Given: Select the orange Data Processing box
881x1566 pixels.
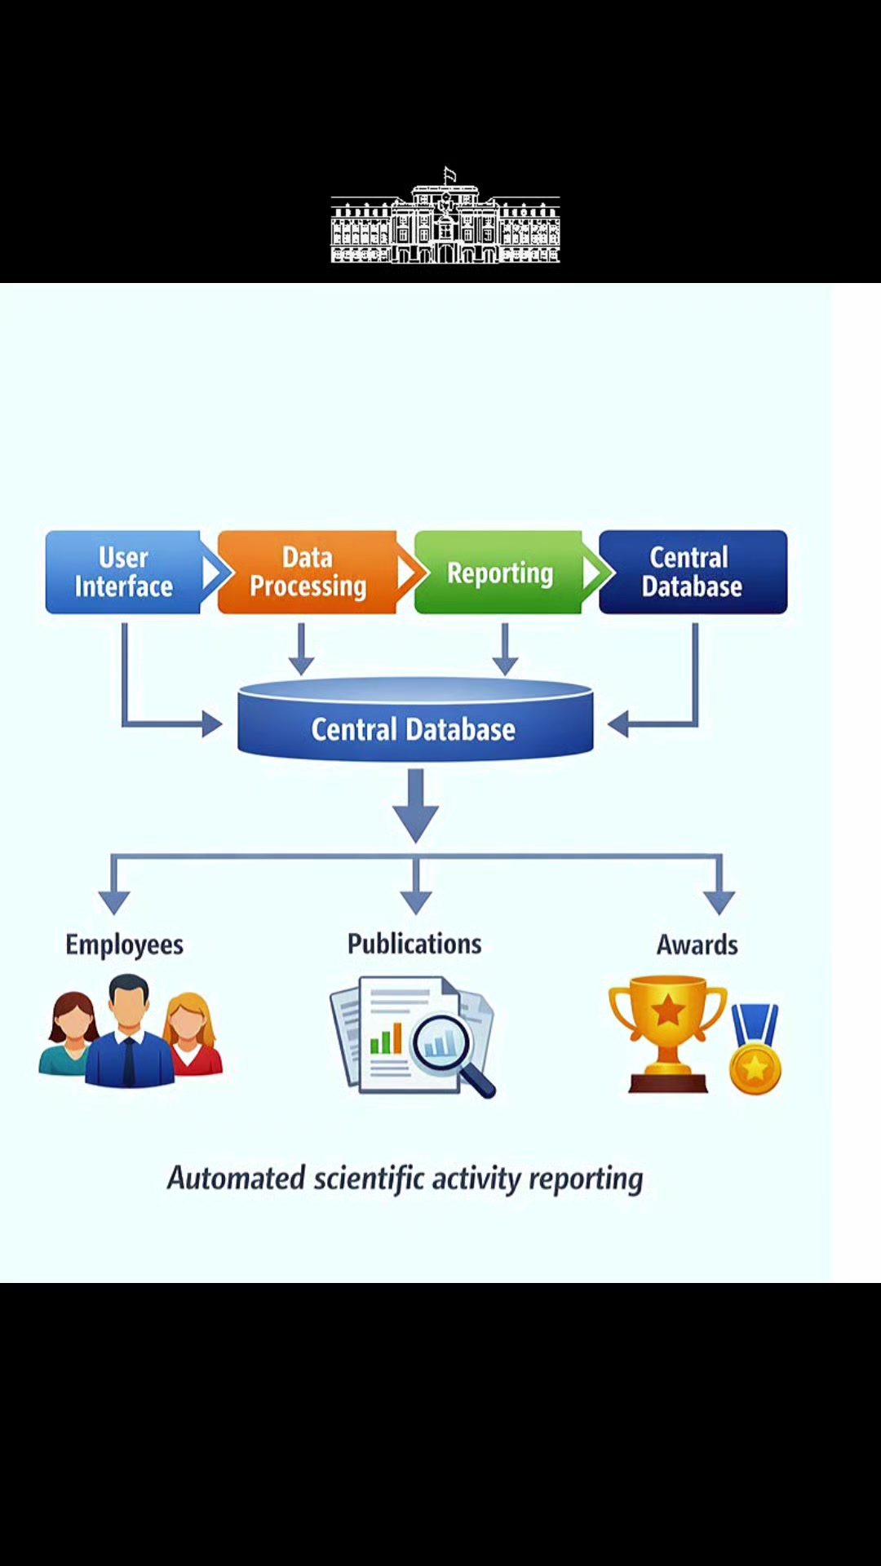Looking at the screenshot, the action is pyautogui.click(x=308, y=572).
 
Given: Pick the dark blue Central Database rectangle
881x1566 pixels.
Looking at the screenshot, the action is pyautogui.click(x=693, y=572).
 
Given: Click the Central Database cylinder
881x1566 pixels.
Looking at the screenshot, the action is pyautogui.click(x=415, y=719).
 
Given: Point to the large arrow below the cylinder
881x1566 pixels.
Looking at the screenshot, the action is pyautogui.click(x=416, y=806).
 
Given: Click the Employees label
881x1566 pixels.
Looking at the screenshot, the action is pyautogui.click(x=124, y=944).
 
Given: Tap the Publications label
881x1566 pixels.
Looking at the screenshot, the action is pyautogui.click(x=414, y=944).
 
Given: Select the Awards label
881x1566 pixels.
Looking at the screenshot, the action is pyautogui.click(x=697, y=944).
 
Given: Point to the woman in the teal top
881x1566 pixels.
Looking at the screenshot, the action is pyautogui.click(x=69, y=1034).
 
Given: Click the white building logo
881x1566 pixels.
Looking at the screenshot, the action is pyautogui.click(x=445, y=215).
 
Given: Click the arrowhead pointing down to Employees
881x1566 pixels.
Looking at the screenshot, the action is pyautogui.click(x=114, y=902).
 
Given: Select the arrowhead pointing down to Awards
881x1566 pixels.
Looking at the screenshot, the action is pyautogui.click(x=719, y=902).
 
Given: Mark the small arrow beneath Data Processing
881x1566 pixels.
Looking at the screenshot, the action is pyautogui.click(x=301, y=649).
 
